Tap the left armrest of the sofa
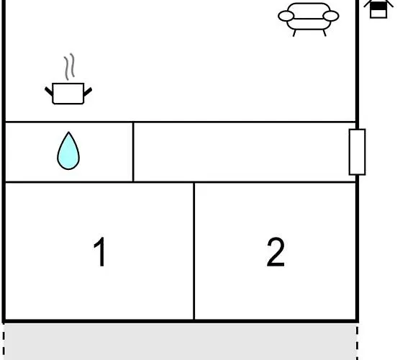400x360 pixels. pos(286,16)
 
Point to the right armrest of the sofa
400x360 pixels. pos(331,16)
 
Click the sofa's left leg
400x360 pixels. pos(294,33)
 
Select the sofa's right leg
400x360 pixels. pos(324,33)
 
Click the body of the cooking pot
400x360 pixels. pos(68,94)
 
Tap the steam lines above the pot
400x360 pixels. pos(69,66)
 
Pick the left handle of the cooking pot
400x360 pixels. pos(49,91)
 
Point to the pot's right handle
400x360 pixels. pos(88,92)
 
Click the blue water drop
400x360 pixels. pos(68,151)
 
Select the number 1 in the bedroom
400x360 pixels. pos(100,251)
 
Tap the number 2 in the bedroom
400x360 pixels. pos(276,252)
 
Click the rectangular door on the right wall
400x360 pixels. pos(357,152)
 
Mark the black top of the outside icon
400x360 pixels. pos(378,6)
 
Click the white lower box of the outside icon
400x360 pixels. pos(378,14)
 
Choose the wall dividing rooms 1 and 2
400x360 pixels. pos(194,251)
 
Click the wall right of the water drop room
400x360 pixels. pos(133,152)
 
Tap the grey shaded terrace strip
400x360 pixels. pos(181,341)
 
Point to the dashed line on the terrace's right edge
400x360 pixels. pos(358,342)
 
